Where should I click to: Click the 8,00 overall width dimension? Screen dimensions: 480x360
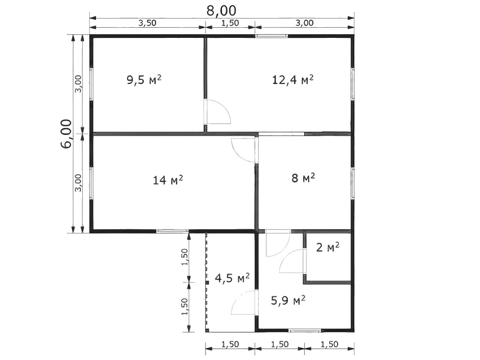click(x=221, y=11)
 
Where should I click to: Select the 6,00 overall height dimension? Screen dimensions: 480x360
click(x=66, y=134)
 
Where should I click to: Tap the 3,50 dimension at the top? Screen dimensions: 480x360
click(x=147, y=23)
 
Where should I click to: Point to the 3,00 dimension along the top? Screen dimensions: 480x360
click(x=304, y=23)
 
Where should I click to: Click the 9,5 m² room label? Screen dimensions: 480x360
click(x=144, y=79)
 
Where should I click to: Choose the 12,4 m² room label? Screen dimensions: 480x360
click(x=292, y=79)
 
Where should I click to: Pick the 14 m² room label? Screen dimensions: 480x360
click(x=168, y=180)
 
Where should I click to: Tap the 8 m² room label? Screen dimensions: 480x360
click(x=303, y=178)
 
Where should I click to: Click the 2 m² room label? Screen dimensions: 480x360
click(x=328, y=247)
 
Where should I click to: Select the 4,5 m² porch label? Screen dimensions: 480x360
click(x=232, y=278)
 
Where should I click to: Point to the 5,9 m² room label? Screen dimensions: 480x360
click(x=288, y=300)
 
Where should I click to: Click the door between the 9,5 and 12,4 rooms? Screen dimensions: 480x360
click(x=217, y=112)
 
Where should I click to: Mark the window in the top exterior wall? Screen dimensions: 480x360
click(x=271, y=36)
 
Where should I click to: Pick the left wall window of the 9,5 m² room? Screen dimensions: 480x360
click(x=91, y=84)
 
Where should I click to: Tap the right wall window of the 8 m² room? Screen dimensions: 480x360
click(x=352, y=183)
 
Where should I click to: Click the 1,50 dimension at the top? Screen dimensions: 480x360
click(x=230, y=23)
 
